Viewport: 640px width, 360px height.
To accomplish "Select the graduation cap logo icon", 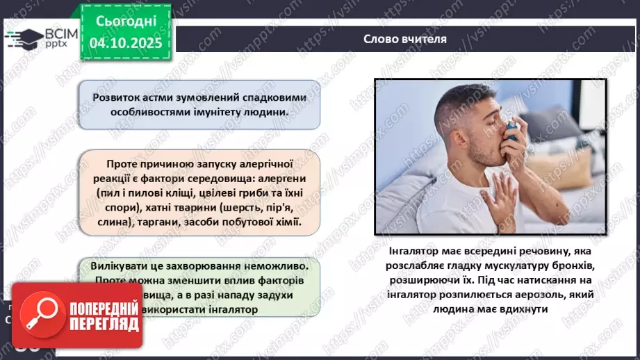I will pos(22,38).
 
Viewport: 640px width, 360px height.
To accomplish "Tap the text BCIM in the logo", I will pos(51,33).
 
